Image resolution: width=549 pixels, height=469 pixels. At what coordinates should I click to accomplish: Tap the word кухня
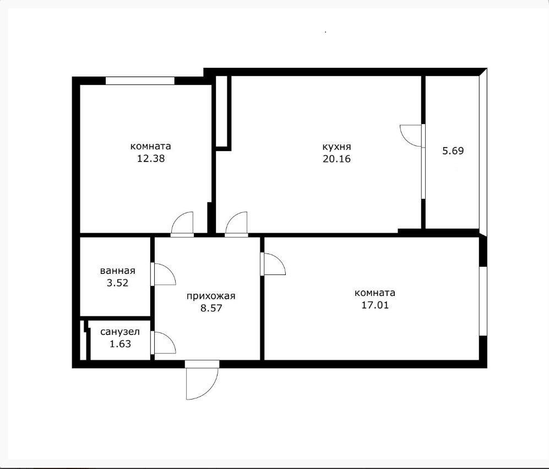pos(337,147)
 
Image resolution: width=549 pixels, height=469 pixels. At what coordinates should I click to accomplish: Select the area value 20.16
pos(337,159)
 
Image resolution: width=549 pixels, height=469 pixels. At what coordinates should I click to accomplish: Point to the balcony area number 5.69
pos(453,150)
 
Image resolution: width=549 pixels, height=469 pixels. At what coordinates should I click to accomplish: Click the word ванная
pos(118,271)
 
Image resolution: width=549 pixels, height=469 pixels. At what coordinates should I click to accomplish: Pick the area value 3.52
pos(118,283)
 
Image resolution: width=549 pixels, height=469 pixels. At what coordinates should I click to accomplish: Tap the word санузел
pos(119,332)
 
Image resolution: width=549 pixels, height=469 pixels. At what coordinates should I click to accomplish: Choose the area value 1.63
pos(119,344)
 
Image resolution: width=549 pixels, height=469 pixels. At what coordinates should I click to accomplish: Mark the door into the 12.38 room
pos(182,224)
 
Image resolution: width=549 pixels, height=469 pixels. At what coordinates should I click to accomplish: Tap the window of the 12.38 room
pos(140,80)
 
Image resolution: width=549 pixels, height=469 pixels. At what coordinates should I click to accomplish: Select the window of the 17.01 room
pos(482,301)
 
